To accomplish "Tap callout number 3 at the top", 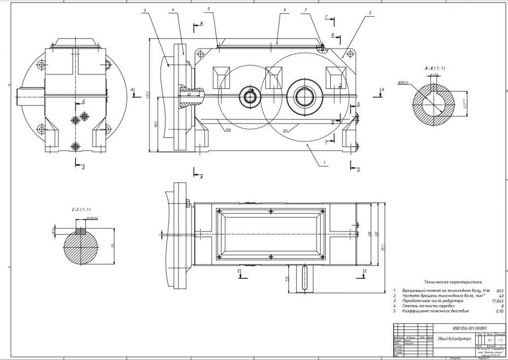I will (x=145, y=10).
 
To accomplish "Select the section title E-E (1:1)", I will (x=80, y=208).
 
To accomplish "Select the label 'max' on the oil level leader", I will (x=229, y=130).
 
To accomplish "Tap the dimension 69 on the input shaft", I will (x=189, y=94).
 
